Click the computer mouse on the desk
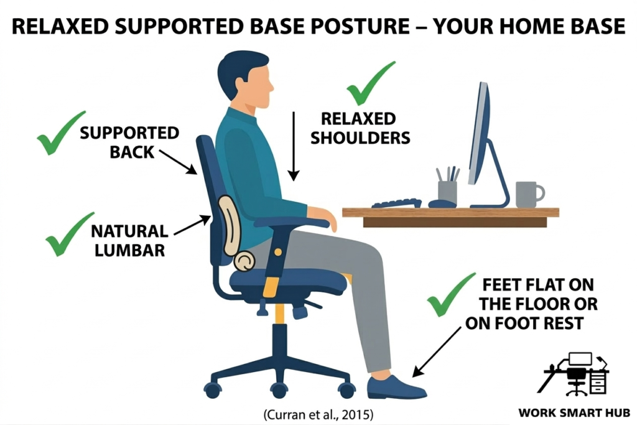pos(442,203)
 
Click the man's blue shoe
pos(395,387)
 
